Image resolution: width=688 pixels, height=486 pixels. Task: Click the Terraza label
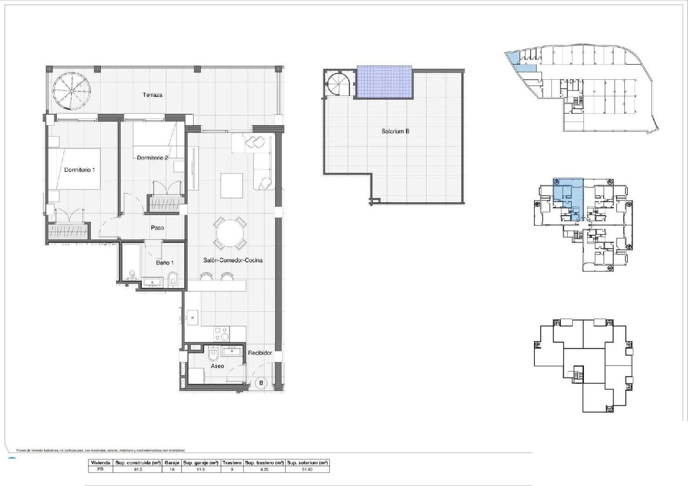pos(152,95)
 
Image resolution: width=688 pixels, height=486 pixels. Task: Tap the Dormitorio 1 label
pos(79,170)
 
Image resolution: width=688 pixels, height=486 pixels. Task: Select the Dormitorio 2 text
pos(152,158)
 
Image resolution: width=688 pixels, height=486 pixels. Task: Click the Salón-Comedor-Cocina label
pos(233,260)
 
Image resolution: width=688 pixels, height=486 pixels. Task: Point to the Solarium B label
pos(395,131)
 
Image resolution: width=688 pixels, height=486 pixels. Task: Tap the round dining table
pos(230,233)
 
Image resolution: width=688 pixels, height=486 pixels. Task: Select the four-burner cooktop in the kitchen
pos(221,333)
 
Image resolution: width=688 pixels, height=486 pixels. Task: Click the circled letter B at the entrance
pos(261,383)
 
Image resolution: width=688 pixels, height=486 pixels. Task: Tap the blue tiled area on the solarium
pos(384,82)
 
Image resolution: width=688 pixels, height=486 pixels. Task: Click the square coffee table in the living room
pos(232,185)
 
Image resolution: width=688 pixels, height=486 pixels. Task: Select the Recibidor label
pos(260,353)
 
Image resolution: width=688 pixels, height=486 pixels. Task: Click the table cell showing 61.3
pos(138,469)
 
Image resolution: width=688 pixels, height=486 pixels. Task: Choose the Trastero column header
pos(232,463)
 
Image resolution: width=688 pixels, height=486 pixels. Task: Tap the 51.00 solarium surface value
pos(307,469)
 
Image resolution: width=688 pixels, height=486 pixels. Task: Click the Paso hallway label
pos(157,228)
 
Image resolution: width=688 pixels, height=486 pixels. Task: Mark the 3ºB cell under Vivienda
pos(100,469)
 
